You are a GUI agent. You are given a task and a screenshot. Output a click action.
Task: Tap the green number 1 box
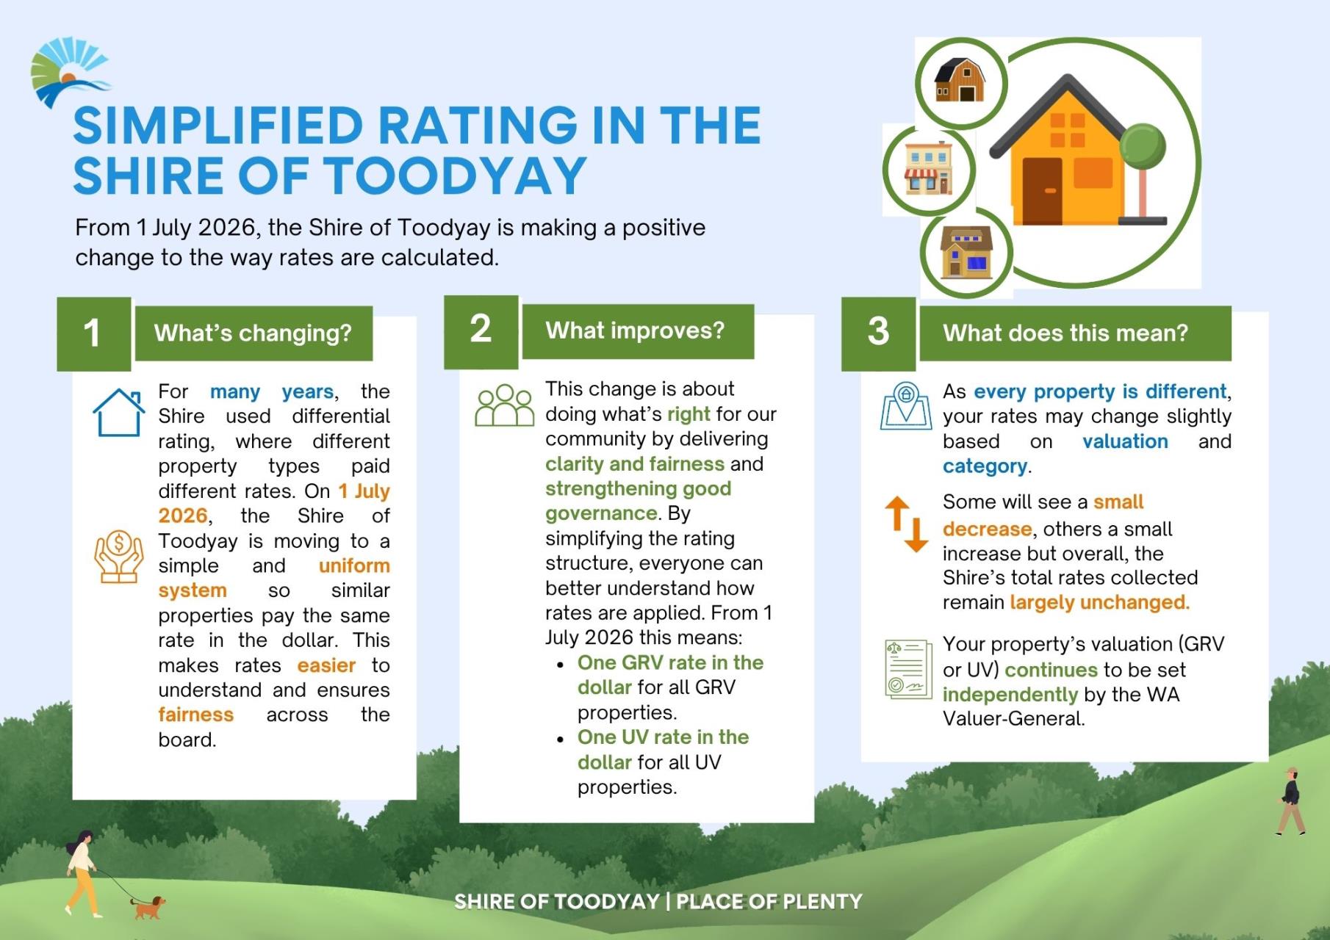[93, 333]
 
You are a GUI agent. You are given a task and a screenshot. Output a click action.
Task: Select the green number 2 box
[481, 331]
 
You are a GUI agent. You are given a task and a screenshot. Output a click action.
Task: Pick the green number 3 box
[878, 333]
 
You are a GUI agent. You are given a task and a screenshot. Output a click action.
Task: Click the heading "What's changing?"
[253, 333]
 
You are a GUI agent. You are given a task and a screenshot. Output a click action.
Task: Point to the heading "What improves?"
[635, 331]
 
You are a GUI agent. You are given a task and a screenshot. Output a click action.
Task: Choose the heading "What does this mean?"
[1065, 333]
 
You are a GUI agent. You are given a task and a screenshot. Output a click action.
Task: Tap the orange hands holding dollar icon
[118, 557]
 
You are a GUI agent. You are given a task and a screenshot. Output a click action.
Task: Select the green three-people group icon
[504, 405]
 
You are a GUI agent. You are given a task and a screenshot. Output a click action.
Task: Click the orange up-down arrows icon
[906, 524]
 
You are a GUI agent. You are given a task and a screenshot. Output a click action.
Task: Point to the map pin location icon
[905, 406]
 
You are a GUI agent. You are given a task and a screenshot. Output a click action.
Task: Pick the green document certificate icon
[907, 668]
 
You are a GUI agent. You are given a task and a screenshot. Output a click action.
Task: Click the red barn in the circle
[960, 81]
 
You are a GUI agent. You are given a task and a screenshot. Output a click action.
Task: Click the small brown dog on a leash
[148, 907]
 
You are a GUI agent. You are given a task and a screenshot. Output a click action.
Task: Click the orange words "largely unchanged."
[1099, 603]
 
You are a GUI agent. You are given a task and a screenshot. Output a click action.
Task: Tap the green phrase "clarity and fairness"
[634, 464]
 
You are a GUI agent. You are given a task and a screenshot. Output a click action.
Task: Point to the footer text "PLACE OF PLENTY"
[769, 902]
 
